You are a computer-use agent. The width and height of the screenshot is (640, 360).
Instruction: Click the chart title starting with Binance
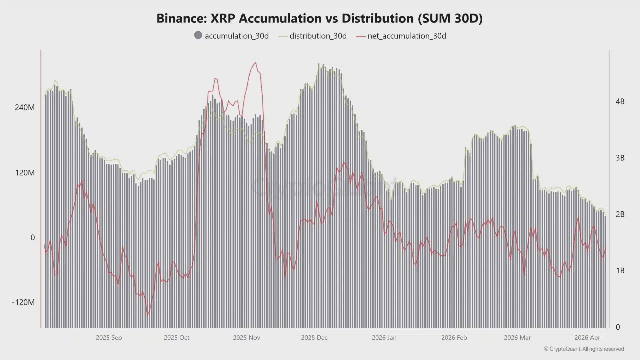(x=319, y=18)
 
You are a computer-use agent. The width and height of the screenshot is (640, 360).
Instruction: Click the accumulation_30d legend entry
(x=236, y=36)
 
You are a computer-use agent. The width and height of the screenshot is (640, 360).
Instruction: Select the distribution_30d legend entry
(x=318, y=36)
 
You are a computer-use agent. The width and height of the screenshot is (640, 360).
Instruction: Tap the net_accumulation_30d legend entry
(x=406, y=36)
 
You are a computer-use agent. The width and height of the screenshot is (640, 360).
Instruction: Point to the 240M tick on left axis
(x=25, y=107)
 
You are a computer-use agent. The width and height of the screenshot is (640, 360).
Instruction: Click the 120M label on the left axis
(x=25, y=172)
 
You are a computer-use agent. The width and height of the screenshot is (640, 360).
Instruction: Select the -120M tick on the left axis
(x=24, y=302)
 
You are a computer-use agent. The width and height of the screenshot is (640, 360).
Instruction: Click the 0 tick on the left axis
(x=33, y=237)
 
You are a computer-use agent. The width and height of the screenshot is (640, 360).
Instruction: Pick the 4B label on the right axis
(x=620, y=101)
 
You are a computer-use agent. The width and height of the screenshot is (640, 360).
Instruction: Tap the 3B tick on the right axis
(x=620, y=158)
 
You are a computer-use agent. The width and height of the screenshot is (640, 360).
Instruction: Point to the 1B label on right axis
(x=620, y=271)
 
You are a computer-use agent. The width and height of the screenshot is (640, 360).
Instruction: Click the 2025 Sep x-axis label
(x=109, y=338)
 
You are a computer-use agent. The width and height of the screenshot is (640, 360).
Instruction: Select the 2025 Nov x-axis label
(x=247, y=338)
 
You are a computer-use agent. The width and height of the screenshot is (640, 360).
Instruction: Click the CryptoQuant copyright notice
(x=583, y=349)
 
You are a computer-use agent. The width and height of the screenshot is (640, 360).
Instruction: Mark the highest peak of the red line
(x=255, y=62)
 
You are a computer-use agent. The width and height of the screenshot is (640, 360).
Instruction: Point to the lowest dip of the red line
(x=148, y=314)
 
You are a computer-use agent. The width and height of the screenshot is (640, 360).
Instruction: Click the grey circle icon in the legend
(x=198, y=36)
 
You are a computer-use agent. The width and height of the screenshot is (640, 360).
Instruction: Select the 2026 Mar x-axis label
(x=517, y=338)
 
